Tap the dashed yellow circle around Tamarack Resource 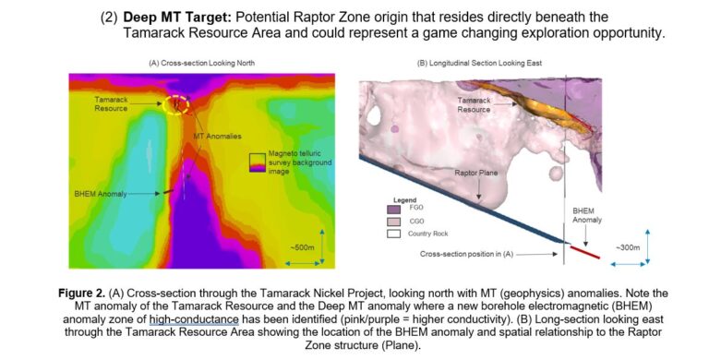175,103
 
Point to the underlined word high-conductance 181,318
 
